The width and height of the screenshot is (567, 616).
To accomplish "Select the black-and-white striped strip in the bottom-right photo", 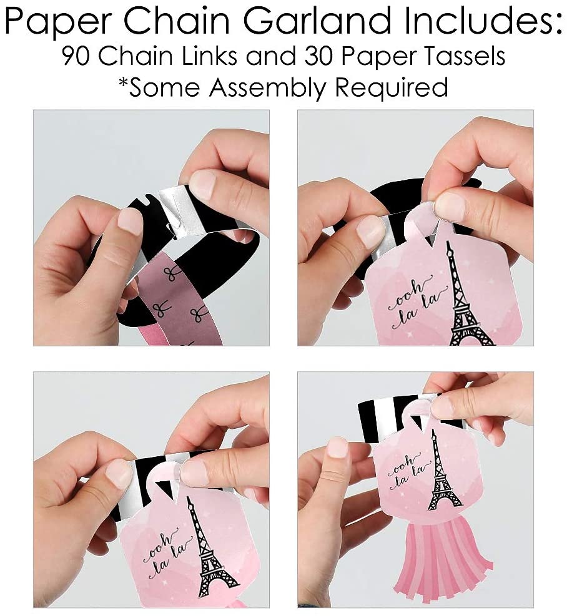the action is (397, 412).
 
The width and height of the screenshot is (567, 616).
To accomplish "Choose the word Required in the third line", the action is (392, 87).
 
